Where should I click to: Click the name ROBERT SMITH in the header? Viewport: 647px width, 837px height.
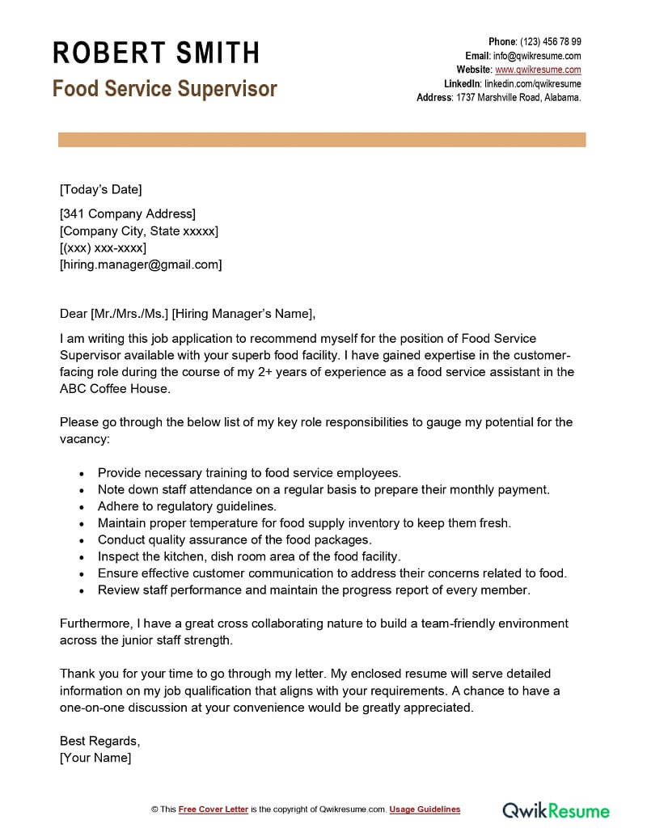click(x=156, y=53)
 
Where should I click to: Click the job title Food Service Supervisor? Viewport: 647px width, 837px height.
click(x=164, y=88)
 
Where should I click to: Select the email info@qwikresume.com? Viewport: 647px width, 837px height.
click(x=537, y=56)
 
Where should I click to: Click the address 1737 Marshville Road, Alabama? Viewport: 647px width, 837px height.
click(x=518, y=97)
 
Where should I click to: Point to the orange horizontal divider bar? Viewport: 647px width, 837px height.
click(x=322, y=141)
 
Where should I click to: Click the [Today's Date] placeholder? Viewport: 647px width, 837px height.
click(x=100, y=189)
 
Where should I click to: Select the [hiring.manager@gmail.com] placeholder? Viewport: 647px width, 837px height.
click(x=141, y=264)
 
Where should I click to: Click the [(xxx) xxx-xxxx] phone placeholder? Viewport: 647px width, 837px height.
click(x=103, y=247)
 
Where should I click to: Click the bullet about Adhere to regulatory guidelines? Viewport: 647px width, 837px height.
click(x=187, y=506)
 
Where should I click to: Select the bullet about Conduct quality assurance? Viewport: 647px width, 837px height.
click(x=235, y=539)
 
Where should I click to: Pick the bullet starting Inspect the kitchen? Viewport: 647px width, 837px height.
click(x=249, y=556)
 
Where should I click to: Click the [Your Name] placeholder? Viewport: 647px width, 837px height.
click(x=95, y=758)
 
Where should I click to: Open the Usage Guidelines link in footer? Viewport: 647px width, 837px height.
click(x=425, y=810)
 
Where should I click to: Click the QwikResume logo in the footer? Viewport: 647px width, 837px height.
click(x=556, y=810)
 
